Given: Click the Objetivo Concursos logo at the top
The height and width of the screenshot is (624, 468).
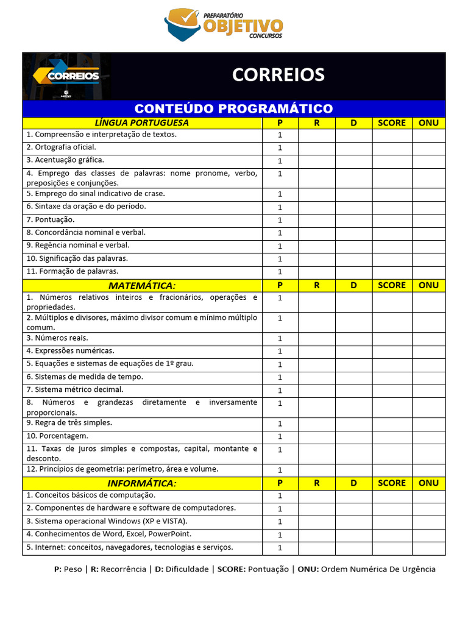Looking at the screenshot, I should coord(224,24).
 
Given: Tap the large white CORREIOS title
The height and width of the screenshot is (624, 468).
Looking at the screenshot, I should coord(278,75).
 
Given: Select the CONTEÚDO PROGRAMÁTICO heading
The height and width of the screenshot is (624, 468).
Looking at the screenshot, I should coord(233,108).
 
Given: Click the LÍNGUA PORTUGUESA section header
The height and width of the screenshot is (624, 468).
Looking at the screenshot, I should coord(141,122).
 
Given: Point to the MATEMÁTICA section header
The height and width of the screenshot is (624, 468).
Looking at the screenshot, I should coord(141,285).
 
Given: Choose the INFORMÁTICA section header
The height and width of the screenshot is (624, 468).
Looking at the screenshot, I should coord(141,483).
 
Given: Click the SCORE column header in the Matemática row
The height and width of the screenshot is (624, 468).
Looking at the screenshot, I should coord(391,285).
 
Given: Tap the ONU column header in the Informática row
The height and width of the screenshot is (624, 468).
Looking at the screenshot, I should coord(428,483).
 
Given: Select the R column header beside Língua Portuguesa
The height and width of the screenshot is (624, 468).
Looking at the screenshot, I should coord(316,122).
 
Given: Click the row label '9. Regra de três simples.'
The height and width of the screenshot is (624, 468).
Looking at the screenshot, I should coord(69,422).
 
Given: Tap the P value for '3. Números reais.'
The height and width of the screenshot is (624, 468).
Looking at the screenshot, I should coord(280,338).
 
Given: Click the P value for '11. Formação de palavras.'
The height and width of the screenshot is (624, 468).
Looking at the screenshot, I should coord(280,272).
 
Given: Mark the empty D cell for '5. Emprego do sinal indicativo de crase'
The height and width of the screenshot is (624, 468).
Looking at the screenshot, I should coord(353,194).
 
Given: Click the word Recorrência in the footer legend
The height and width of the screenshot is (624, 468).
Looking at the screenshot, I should coord(123,569).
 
